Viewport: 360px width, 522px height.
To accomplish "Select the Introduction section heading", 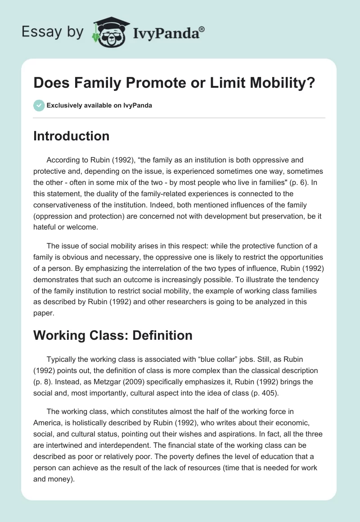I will (71, 136).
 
